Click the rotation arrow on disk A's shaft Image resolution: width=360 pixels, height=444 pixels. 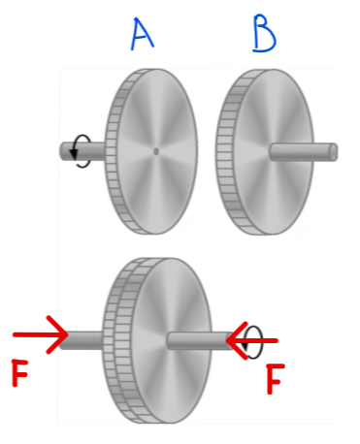click(x=82, y=152)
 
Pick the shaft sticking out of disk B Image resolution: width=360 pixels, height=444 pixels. click(x=301, y=151)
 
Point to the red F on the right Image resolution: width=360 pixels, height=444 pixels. click(x=277, y=383)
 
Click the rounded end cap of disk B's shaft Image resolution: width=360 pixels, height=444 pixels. click(x=333, y=151)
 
